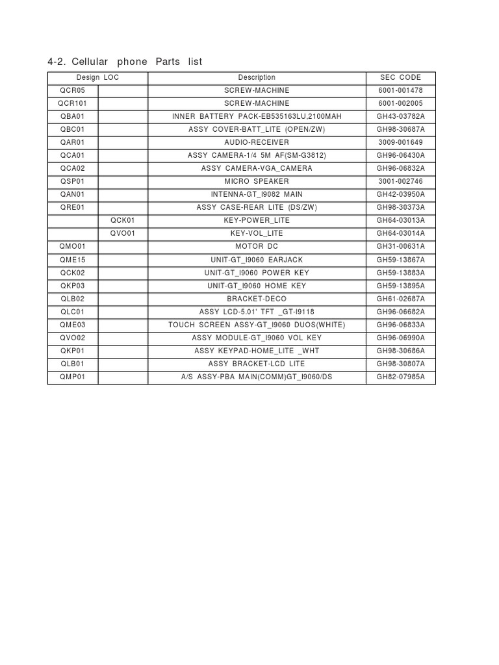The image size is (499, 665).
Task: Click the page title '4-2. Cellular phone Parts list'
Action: (125, 62)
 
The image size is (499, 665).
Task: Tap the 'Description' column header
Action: (257, 77)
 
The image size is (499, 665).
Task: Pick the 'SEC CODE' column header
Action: (401, 77)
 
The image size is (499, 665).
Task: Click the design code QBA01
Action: (72, 116)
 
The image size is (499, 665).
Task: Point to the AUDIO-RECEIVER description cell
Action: (257, 142)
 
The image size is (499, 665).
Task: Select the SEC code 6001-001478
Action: (401, 90)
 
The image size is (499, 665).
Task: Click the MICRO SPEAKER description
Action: (257, 181)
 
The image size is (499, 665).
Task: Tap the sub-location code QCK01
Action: (123, 220)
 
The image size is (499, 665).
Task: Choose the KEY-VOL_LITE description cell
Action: (257, 233)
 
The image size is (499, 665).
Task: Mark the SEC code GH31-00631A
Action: (401, 247)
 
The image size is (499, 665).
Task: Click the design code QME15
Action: (72, 260)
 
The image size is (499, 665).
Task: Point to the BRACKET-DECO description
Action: (257, 299)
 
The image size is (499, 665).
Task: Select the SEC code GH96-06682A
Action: (401, 312)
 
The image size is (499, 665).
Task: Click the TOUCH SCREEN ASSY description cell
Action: (257, 325)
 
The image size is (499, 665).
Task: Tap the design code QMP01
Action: (72, 377)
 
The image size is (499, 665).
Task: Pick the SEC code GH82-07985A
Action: (401, 377)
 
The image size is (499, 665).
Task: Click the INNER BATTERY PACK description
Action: (257, 116)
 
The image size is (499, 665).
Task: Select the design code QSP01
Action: (72, 181)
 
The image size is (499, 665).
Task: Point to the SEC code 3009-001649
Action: (401, 142)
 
